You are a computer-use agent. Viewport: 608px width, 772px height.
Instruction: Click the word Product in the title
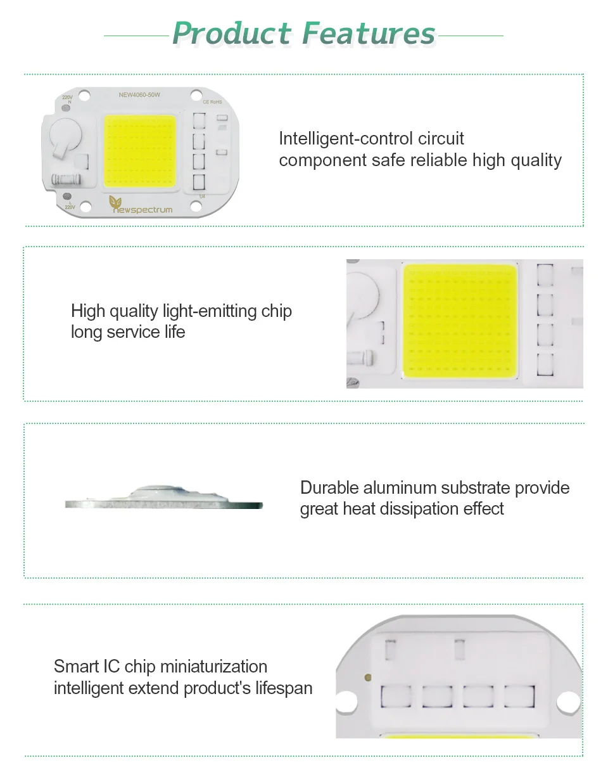232,33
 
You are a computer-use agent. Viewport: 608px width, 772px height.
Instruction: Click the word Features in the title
369,33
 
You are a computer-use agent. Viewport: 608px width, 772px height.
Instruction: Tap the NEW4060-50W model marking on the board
139,94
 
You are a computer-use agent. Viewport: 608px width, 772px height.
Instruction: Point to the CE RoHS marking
213,102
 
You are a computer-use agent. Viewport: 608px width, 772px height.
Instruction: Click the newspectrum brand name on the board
142,210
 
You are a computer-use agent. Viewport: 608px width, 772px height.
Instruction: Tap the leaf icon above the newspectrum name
115,202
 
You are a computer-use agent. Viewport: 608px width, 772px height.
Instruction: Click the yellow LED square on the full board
140,151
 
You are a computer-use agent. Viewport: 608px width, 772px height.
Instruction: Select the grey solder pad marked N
66,108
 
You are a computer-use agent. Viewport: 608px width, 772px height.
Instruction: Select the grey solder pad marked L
67,196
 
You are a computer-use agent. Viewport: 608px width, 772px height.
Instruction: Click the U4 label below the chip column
202,196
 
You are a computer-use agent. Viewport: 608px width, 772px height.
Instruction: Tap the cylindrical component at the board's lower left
66,179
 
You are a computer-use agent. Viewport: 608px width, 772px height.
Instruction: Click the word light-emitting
210,311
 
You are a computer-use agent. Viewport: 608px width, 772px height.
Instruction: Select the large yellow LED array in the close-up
460,321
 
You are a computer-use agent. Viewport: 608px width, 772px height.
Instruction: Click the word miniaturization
213,667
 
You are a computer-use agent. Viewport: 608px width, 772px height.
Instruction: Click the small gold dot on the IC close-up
367,678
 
